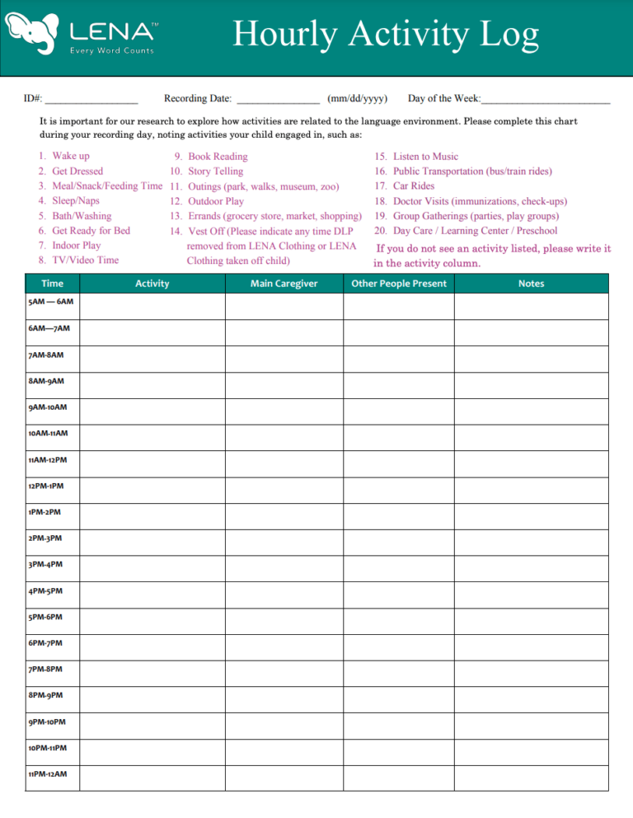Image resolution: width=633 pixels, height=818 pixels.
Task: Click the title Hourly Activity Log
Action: coord(386,35)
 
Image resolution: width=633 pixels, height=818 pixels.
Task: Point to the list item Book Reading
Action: coord(218,156)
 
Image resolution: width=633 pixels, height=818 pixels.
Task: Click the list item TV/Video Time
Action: coord(85,260)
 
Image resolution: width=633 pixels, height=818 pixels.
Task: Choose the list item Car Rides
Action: coord(414,186)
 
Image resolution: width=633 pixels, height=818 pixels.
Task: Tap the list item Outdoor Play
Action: coord(216,200)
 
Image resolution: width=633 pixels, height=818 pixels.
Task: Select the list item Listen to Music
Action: coord(426,156)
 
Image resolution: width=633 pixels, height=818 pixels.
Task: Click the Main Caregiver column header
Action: coord(284,284)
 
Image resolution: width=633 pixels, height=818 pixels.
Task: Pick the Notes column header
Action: coord(532,284)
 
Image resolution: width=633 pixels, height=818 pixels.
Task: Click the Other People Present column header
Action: coord(399,284)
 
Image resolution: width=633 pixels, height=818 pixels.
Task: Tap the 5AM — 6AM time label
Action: coord(50,303)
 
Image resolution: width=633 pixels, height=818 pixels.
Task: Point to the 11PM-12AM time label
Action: coord(48,774)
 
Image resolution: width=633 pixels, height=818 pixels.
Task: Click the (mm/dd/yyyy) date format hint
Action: coord(358,99)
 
